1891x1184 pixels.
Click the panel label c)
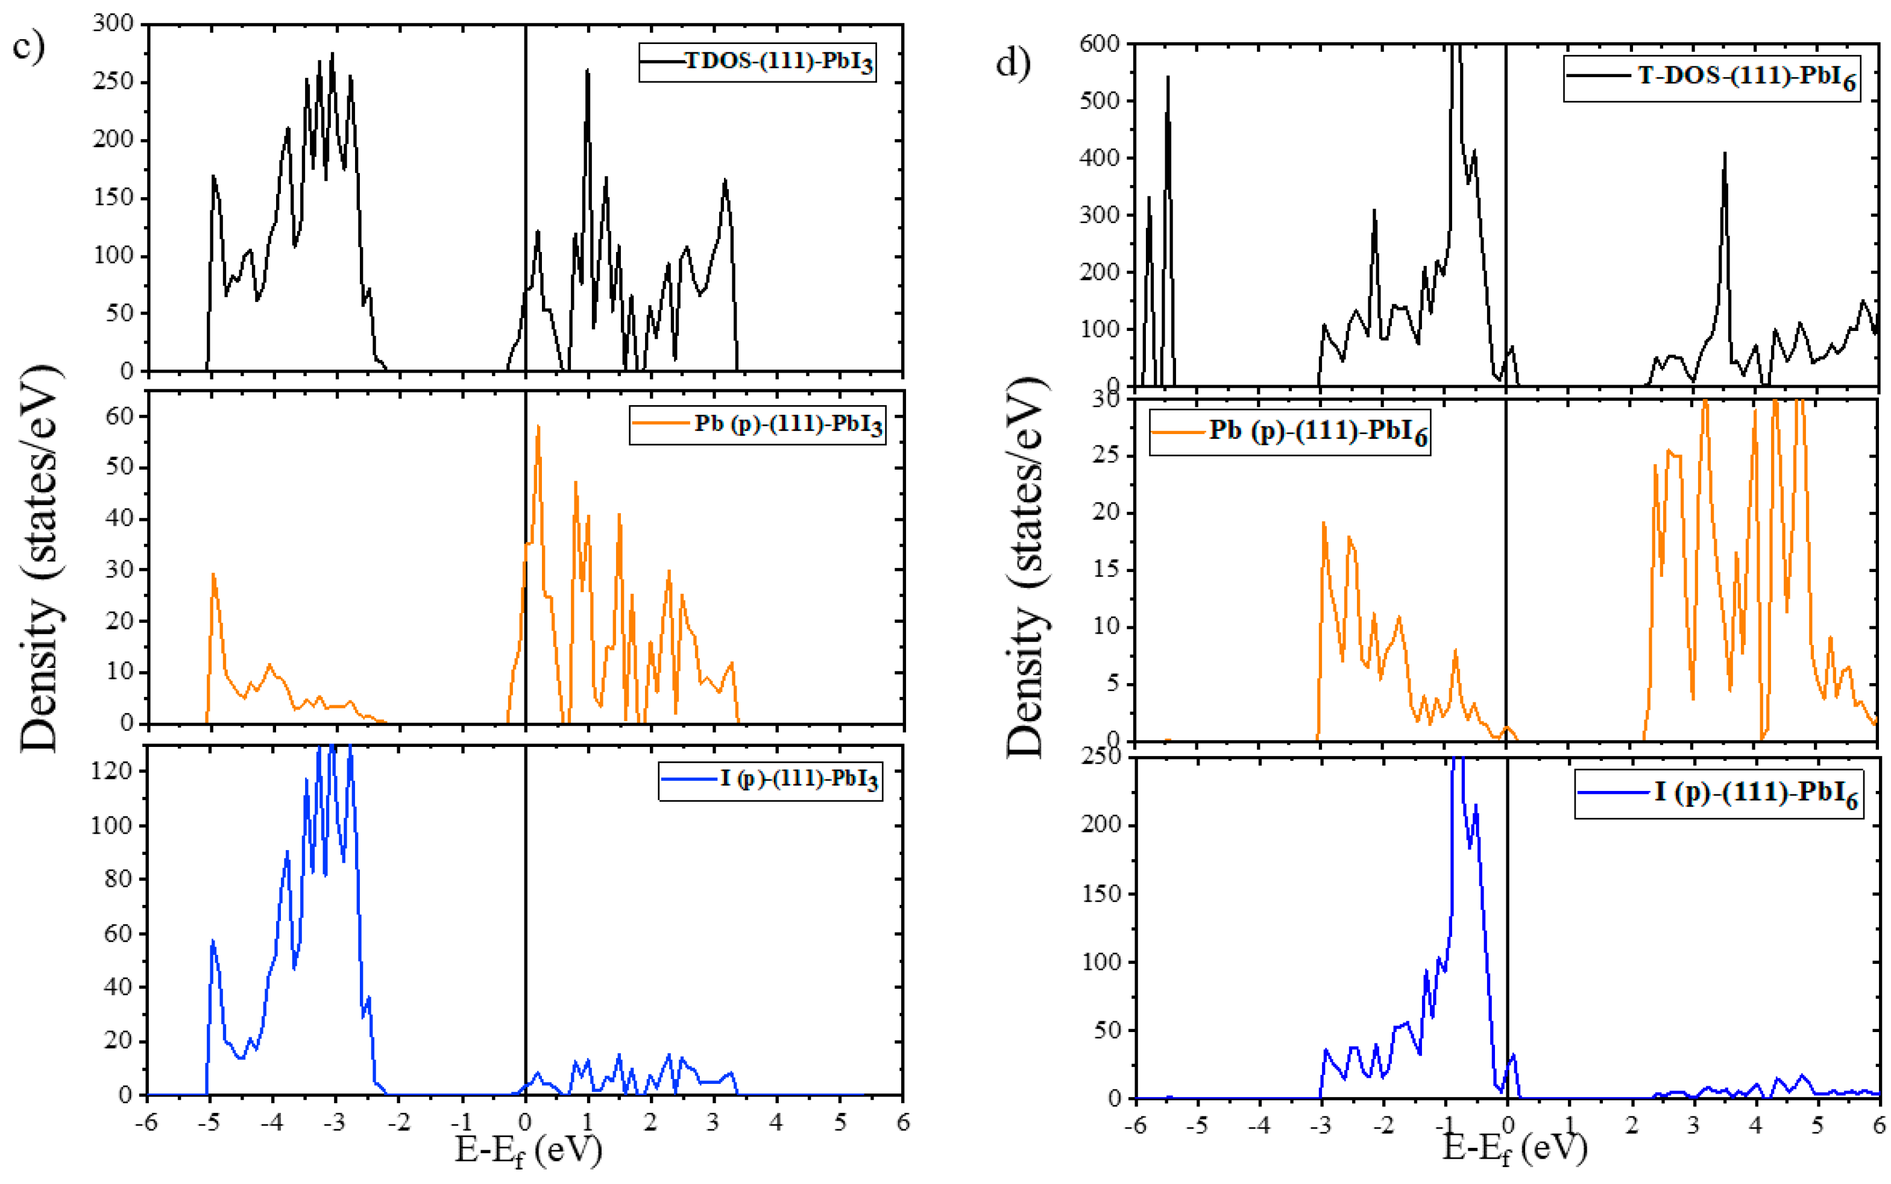point(28,45)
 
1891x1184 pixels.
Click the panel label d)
point(1013,63)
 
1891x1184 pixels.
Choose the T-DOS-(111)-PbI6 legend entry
point(1712,78)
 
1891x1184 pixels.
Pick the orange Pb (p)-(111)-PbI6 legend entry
point(1289,432)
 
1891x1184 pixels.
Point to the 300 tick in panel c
point(113,24)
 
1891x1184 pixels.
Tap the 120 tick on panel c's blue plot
point(111,771)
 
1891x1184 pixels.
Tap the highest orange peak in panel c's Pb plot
point(538,427)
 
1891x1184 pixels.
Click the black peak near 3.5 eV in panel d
point(1724,154)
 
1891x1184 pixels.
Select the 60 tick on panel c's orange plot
point(120,417)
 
